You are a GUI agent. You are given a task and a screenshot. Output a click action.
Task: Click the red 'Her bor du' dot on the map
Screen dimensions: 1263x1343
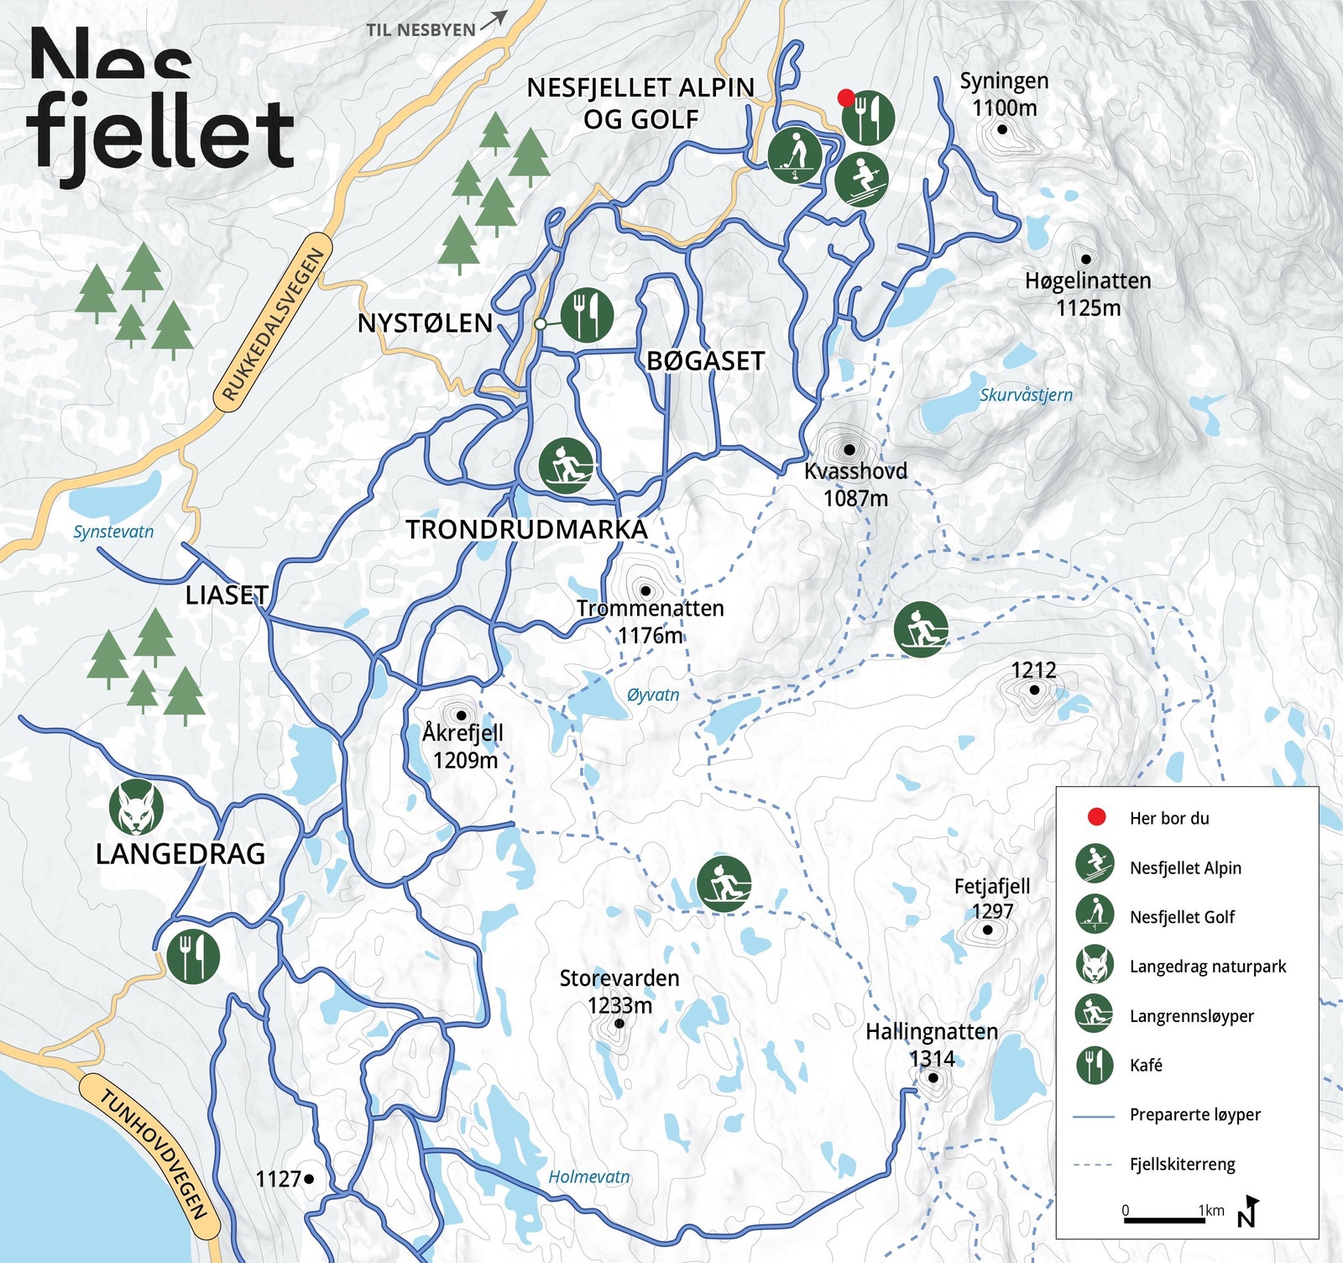pyautogui.click(x=846, y=98)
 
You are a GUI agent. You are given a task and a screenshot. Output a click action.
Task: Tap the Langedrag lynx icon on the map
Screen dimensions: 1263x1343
pyautogui.click(x=136, y=807)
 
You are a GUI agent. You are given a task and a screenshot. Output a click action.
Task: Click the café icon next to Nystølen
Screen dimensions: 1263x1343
pyautogui.click(x=587, y=314)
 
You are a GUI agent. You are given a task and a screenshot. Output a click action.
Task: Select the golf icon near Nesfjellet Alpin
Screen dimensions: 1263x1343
pyautogui.click(x=795, y=155)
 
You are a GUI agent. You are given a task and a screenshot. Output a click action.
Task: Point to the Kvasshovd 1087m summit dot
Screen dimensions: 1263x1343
pyautogui.click(x=849, y=450)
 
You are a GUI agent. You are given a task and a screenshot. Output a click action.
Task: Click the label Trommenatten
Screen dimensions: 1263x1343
pyautogui.click(x=650, y=608)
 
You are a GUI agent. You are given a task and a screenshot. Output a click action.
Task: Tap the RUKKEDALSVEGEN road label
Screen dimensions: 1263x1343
pyautogui.click(x=273, y=324)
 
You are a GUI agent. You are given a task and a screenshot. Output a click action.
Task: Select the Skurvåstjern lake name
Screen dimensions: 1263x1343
pyautogui.click(x=1026, y=395)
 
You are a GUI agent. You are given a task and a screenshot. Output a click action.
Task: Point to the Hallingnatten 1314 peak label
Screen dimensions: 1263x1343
pyautogui.click(x=932, y=1044)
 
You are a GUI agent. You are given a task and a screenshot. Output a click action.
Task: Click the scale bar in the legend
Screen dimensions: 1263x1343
pyautogui.click(x=1163, y=1218)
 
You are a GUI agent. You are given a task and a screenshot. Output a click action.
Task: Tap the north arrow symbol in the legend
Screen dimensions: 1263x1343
pyautogui.click(x=1248, y=1211)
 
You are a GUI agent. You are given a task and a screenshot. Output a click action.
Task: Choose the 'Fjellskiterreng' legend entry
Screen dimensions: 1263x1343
pyautogui.click(x=1182, y=1164)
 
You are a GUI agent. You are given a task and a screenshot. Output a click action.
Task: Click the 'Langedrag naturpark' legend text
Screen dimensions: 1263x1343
pyautogui.click(x=1207, y=967)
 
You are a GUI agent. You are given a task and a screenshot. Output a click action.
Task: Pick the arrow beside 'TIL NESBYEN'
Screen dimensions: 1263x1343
pyautogui.click(x=494, y=20)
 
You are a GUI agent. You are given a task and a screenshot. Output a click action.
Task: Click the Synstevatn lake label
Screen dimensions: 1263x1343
pyautogui.click(x=113, y=532)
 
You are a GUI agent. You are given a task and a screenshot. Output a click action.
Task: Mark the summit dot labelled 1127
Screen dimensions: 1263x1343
pyautogui.click(x=309, y=1179)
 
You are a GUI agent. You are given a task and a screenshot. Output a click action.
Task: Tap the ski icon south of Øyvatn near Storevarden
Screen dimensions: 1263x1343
pyautogui.click(x=724, y=883)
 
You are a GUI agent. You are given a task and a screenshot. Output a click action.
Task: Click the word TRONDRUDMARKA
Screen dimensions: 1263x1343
pyautogui.click(x=526, y=530)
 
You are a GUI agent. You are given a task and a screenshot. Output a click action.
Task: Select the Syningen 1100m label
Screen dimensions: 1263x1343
pyautogui.click(x=1004, y=94)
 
